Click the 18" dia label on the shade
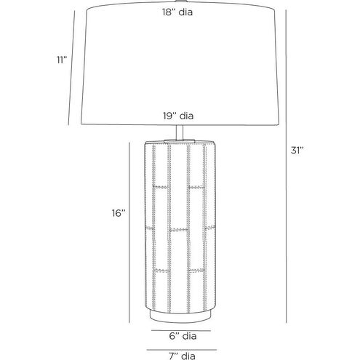177,12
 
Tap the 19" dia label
178,116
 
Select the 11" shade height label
62,60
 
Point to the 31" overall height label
297,151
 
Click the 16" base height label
119,213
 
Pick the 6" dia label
183,336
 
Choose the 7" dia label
182,356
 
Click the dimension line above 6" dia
181,330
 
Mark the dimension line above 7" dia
181,350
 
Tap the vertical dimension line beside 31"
287,167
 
